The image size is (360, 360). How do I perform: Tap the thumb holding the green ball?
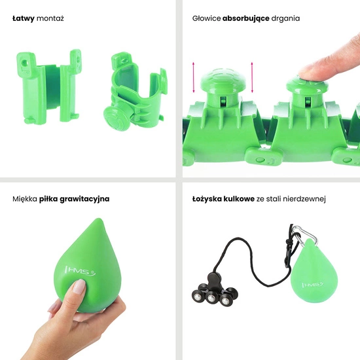[x=77, y=288]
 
